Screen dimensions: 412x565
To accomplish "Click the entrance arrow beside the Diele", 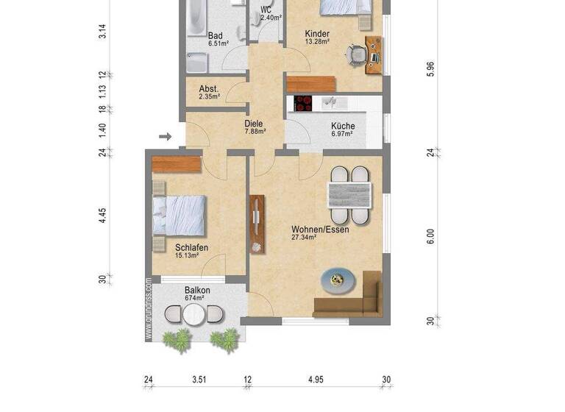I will click(x=166, y=136).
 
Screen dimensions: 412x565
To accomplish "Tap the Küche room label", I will click(x=342, y=126).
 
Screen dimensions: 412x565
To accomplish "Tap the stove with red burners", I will click(x=304, y=104).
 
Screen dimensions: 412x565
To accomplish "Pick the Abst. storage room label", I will click(x=209, y=89).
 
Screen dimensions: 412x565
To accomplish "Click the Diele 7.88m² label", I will click(x=255, y=127).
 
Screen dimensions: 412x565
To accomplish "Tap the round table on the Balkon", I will click(x=193, y=315).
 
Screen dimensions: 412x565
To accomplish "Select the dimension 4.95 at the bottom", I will click(x=316, y=380).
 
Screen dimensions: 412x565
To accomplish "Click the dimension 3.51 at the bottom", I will click(x=199, y=380).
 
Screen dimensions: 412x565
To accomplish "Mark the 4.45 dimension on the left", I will click(x=103, y=215).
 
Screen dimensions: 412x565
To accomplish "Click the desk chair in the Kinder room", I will click(x=355, y=54).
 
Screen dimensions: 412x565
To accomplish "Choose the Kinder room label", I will click(x=316, y=34).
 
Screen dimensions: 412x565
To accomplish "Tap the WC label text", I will click(x=266, y=10).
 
